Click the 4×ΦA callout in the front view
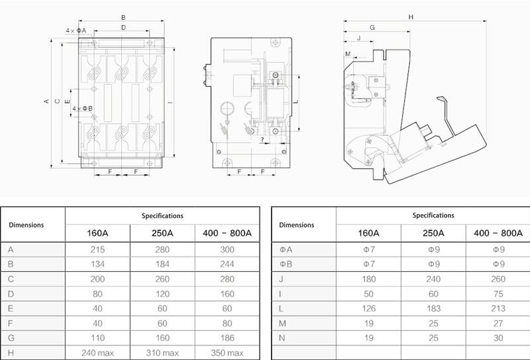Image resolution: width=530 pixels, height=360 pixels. click(x=76, y=30)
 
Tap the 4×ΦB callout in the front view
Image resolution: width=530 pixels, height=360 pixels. click(x=82, y=109)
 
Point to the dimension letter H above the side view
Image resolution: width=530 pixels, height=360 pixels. click(x=411, y=17)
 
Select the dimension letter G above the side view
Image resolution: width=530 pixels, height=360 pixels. click(x=372, y=27)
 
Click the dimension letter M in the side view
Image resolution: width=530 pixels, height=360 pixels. click(x=348, y=54)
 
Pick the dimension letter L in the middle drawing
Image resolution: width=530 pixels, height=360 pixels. click(x=295, y=101)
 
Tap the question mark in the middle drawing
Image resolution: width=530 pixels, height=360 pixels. click(x=262, y=139)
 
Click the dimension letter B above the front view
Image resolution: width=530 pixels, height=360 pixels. click(x=123, y=18)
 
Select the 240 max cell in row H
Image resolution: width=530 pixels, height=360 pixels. click(x=97, y=353)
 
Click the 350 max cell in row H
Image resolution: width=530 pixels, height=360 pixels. click(x=227, y=353)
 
